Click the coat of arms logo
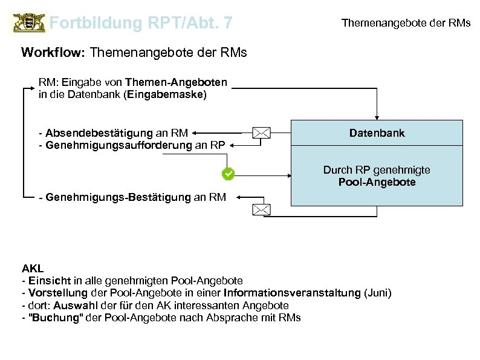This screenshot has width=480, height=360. [28, 24]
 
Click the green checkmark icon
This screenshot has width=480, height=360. [229, 174]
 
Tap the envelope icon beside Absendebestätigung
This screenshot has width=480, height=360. [261, 133]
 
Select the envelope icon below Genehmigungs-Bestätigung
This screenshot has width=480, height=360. [261, 210]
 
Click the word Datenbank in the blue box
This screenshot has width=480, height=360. [377, 133]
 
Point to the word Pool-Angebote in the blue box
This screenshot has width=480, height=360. [377, 182]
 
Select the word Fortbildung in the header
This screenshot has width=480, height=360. [95, 24]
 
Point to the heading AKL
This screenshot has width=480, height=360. [33, 268]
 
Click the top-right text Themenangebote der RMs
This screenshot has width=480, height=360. [406, 24]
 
